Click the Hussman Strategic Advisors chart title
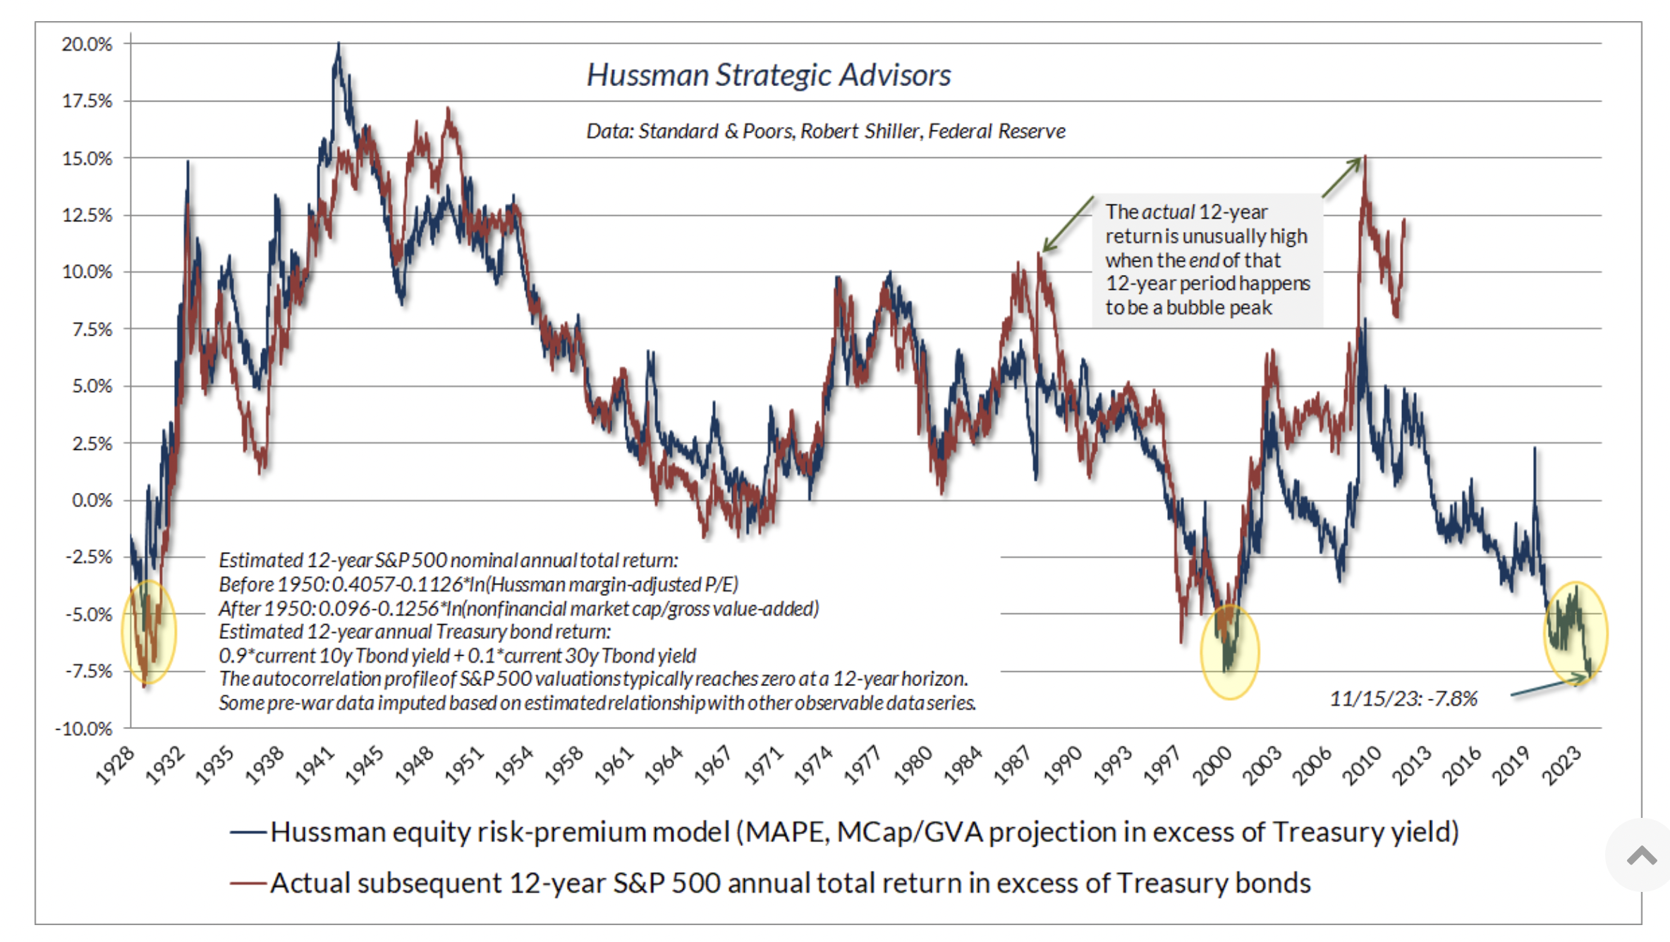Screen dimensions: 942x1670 [769, 75]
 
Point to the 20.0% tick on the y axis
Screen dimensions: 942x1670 [87, 44]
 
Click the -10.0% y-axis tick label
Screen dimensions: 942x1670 [84, 728]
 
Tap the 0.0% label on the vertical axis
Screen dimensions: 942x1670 [92, 501]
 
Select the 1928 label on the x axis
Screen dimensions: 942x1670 [115, 766]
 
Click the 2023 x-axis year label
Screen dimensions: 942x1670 [1563, 766]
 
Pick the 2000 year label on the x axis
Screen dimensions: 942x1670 [1212, 766]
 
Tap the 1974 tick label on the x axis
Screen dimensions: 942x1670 [813, 766]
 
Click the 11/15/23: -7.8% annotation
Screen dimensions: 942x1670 [1403, 699]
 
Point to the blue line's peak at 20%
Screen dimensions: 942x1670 [339, 44]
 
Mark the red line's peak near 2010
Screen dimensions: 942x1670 [1365, 157]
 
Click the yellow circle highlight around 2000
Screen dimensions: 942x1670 [1230, 652]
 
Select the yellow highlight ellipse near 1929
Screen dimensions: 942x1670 [149, 632]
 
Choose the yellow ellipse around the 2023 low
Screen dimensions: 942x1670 [1575, 632]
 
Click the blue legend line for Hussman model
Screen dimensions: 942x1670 [248, 833]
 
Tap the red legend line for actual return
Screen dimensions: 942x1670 [248, 883]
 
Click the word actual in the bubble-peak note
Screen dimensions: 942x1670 [1168, 212]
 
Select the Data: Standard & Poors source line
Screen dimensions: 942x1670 [826, 131]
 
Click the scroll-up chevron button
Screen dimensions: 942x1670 [1641, 856]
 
